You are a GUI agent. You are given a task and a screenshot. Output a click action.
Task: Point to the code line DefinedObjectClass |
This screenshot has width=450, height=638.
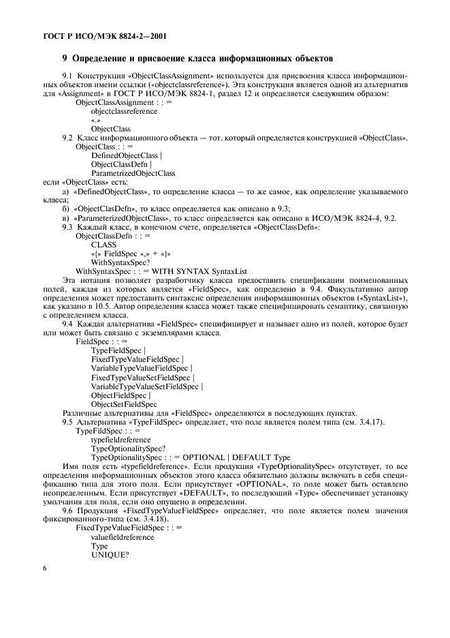126,155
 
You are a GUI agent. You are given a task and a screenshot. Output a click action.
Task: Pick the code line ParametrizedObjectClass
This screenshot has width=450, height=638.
133,173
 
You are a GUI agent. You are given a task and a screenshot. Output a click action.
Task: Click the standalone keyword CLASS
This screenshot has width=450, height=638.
103,244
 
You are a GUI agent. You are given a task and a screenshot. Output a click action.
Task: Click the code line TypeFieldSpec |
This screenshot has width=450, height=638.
118,350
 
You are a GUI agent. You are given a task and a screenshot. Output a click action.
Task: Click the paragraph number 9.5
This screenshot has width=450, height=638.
69,422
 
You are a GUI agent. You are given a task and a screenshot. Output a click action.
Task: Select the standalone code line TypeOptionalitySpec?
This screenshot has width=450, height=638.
128,449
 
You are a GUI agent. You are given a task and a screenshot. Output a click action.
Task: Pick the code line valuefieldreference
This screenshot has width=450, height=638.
123,537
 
